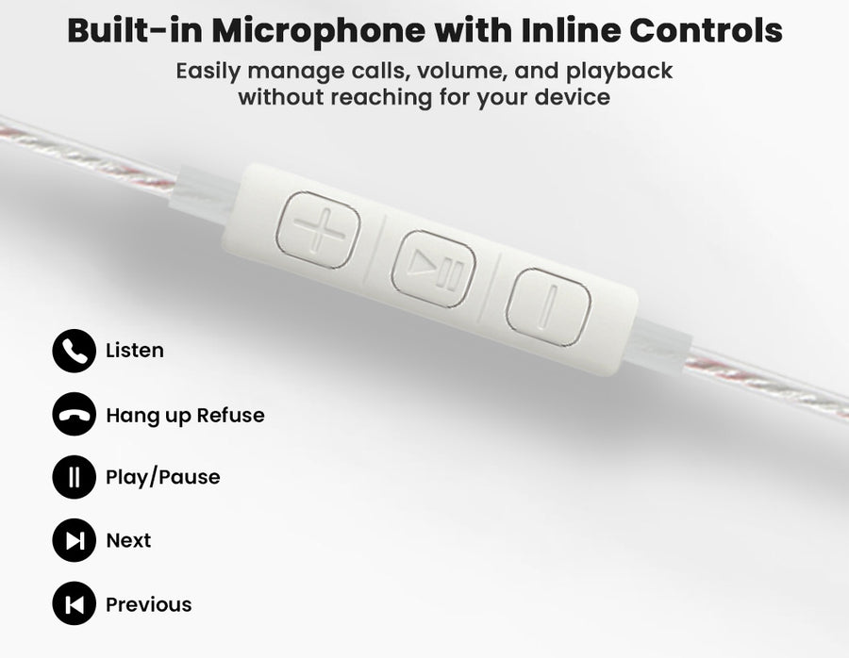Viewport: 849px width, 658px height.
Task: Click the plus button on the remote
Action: tap(319, 230)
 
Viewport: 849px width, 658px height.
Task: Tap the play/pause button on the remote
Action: tap(434, 269)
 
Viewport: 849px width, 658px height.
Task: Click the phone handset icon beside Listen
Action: tap(75, 351)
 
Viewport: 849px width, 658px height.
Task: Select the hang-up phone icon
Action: tap(75, 414)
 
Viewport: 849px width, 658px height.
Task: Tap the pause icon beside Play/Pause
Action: tap(75, 477)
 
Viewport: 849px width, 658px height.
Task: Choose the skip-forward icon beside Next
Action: tap(75, 540)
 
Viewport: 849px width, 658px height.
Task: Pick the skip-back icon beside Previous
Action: tap(75, 603)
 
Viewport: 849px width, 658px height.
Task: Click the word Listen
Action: tap(135, 351)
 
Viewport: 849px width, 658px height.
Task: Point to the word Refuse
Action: tap(231, 415)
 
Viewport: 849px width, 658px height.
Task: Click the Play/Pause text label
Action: tap(163, 477)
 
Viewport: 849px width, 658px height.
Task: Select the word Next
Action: tap(128, 540)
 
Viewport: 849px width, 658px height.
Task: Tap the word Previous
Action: tap(148, 604)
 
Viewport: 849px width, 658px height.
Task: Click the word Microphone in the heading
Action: tap(318, 31)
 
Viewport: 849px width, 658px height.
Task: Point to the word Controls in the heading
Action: tap(706, 30)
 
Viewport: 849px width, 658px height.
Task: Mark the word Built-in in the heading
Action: tap(135, 30)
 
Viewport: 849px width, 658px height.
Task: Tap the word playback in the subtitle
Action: tap(620, 72)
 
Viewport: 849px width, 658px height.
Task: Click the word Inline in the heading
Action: tap(571, 30)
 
